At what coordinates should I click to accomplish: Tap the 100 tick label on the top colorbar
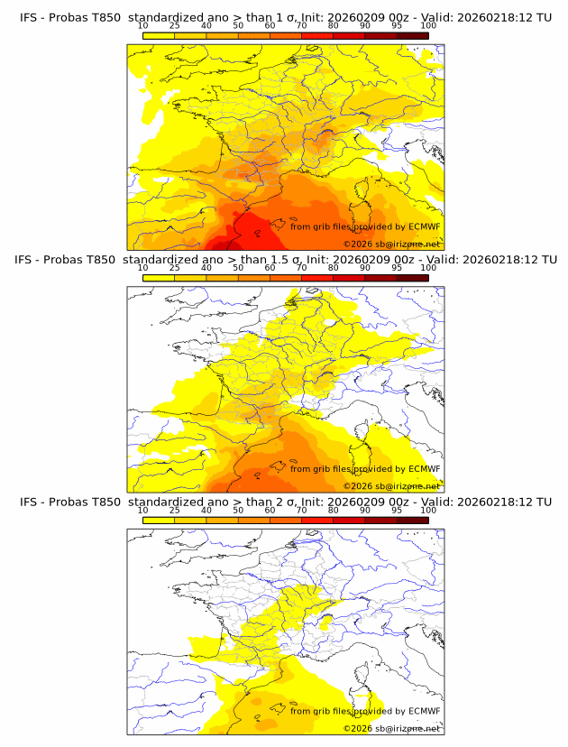tap(428, 25)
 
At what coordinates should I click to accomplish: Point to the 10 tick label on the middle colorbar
tap(142, 268)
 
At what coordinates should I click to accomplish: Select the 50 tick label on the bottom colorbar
tap(238, 511)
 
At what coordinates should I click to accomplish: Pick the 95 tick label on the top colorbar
tap(397, 25)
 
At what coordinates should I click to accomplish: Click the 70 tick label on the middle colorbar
tap(301, 268)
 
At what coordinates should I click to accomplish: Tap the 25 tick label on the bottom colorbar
tap(174, 511)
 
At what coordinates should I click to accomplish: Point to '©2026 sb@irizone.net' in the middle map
tap(392, 486)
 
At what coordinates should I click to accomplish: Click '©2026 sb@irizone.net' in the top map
tap(392, 244)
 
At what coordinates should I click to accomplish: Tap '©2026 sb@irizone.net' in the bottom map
tap(392, 729)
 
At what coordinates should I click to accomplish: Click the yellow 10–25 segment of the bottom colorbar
tap(159, 520)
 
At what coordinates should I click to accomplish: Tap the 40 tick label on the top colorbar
tap(206, 25)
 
